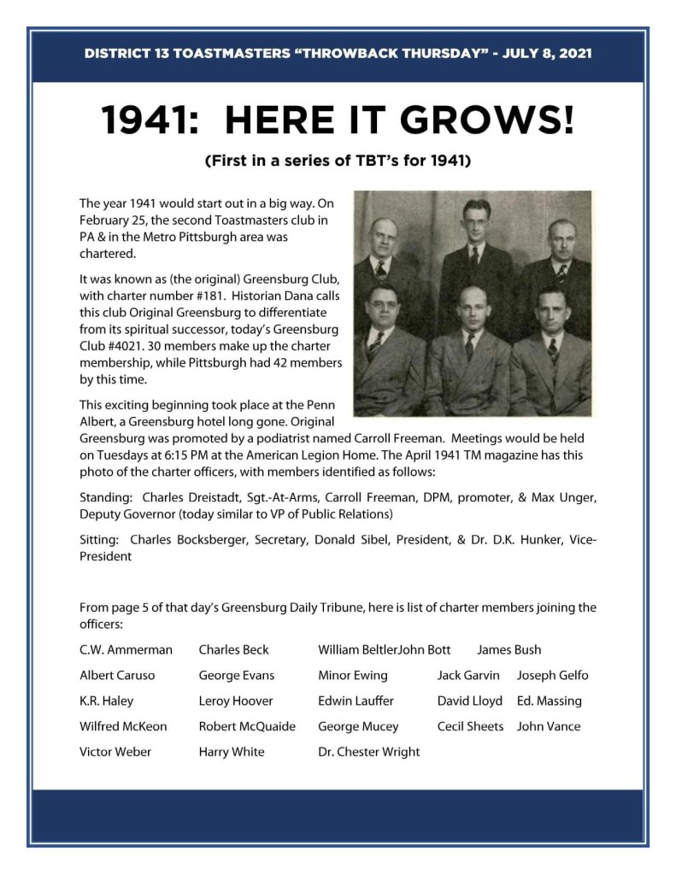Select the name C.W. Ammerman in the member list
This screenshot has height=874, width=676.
tap(126, 649)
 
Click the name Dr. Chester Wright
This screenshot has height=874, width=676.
tap(368, 752)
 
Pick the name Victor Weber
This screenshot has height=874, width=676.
tap(115, 752)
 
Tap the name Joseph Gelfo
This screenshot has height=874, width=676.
tap(552, 675)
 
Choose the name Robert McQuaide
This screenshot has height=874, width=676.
tap(247, 726)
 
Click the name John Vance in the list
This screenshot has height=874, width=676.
tap(548, 726)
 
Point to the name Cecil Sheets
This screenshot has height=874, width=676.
tap(470, 726)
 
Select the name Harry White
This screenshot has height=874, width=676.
tap(232, 752)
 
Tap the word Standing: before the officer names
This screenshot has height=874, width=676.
tap(106, 496)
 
